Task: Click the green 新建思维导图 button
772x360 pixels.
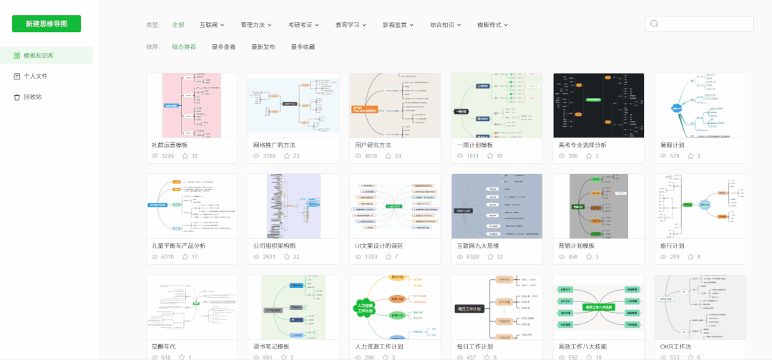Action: pyautogui.click(x=47, y=24)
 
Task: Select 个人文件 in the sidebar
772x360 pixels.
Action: pyautogui.click(x=35, y=76)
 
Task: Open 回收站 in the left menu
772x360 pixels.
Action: pyautogui.click(x=32, y=97)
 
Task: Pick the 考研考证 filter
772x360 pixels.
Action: pyautogui.click(x=303, y=25)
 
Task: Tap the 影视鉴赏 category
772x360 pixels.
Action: pyautogui.click(x=399, y=25)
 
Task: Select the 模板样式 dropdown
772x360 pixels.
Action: pyautogui.click(x=492, y=25)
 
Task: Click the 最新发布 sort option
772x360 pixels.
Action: pyautogui.click(x=263, y=47)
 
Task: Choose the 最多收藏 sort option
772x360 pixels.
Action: pyautogui.click(x=303, y=47)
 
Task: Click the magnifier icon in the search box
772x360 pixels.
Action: pyautogui.click(x=654, y=24)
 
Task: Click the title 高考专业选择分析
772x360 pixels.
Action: pyautogui.click(x=582, y=145)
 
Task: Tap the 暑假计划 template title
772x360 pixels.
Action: pyautogui.click(x=673, y=145)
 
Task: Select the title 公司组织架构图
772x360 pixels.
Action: pyautogui.click(x=274, y=245)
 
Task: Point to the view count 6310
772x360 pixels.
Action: pyautogui.click(x=167, y=257)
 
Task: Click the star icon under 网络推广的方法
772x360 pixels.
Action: pyautogui.click(x=287, y=156)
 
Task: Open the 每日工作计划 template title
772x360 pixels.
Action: pyautogui.click(x=475, y=346)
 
